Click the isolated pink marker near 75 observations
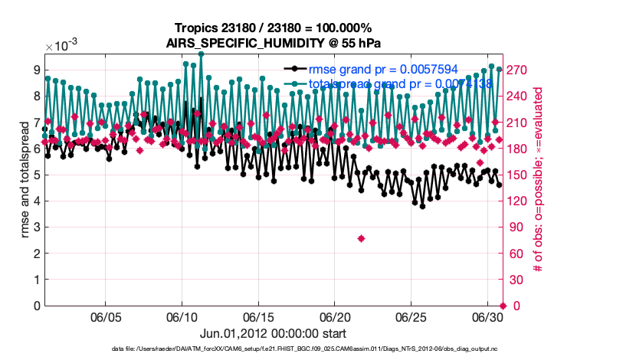361,239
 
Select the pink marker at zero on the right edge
503,306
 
